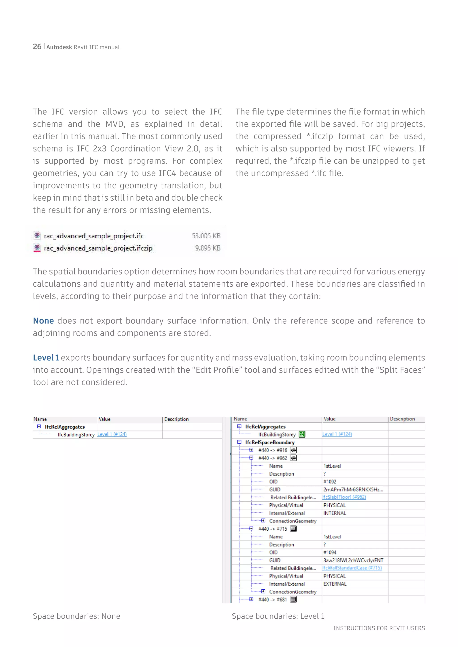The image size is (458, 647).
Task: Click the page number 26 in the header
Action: click(x=37, y=47)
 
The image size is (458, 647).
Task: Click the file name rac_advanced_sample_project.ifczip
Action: click(x=98, y=248)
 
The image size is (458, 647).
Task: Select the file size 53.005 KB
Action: click(x=206, y=236)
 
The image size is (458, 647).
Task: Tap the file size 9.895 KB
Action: click(x=208, y=248)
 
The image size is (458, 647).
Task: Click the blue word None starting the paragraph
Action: click(x=43, y=321)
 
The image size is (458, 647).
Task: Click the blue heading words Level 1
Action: click(x=46, y=358)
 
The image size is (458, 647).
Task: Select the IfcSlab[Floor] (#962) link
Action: click(x=344, y=497)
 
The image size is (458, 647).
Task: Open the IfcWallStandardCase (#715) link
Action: click(x=352, y=568)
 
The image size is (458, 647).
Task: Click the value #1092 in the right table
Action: click(x=330, y=482)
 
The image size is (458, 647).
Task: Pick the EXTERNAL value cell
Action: click(x=335, y=584)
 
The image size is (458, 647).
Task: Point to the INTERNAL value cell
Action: click(x=335, y=513)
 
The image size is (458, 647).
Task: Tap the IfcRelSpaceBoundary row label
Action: click(x=270, y=442)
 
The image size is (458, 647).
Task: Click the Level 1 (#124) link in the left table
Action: click(x=112, y=435)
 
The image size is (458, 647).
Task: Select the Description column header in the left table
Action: click(x=176, y=419)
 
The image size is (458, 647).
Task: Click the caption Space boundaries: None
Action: click(x=76, y=616)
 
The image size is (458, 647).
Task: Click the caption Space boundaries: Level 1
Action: click(x=278, y=616)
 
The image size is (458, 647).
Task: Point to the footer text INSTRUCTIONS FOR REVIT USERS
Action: click(x=379, y=628)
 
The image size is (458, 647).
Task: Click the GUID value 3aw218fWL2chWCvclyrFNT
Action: click(x=353, y=560)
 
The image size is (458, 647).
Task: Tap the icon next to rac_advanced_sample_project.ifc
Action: click(x=37, y=235)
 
